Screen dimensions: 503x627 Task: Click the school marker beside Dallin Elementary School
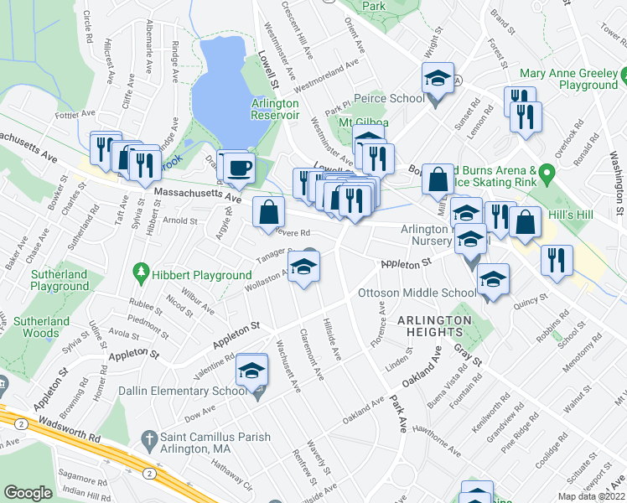(251, 370)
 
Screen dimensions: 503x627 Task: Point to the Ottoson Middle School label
(417, 293)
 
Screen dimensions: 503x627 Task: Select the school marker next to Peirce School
(437, 80)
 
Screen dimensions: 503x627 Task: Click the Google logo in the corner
(28, 493)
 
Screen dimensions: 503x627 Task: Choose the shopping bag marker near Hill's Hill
(526, 222)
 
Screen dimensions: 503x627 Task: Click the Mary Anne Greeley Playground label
(569, 80)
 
